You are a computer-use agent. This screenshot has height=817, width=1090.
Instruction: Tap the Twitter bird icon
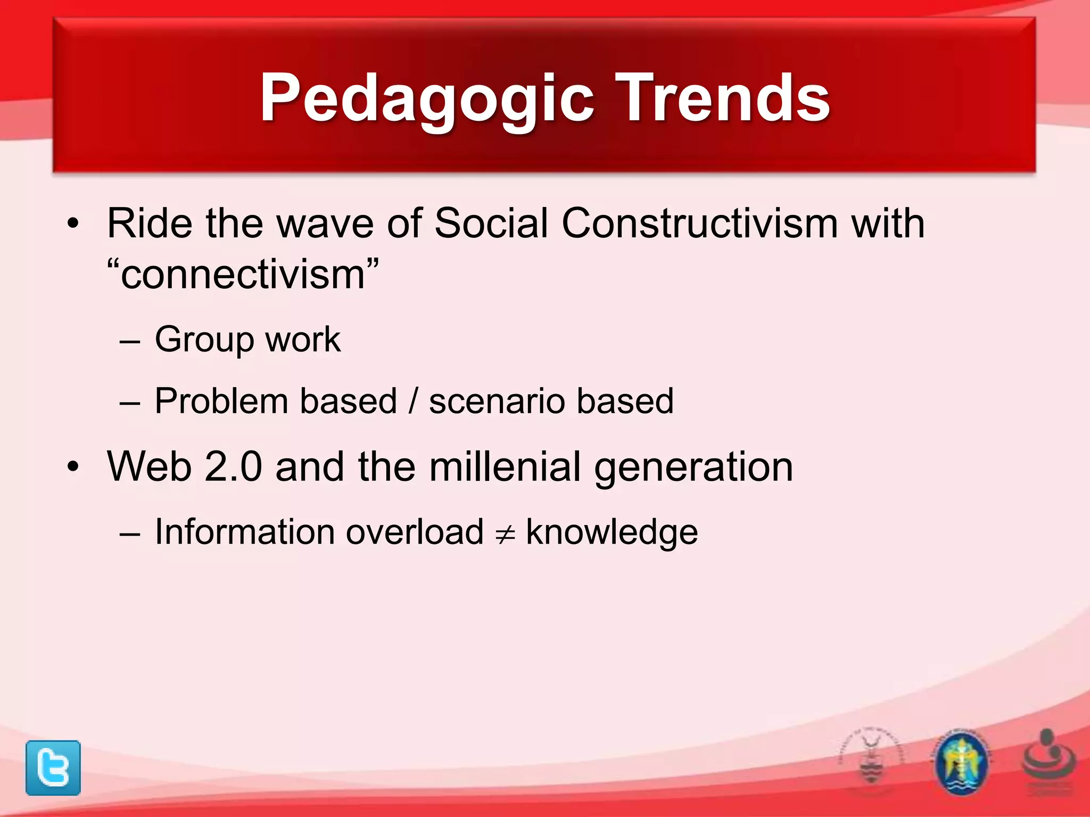pos(53,768)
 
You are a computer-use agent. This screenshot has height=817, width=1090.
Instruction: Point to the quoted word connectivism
pos(243,275)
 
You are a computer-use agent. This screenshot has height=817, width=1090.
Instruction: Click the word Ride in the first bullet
pos(150,223)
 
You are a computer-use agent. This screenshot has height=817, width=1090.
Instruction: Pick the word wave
pos(325,223)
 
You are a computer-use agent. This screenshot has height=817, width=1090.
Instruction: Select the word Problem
pos(222,401)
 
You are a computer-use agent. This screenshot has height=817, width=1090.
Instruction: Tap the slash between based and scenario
pos(414,401)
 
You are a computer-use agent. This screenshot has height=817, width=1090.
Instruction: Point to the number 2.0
pos(233,467)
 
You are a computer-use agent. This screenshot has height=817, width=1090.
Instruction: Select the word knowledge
pos(612,532)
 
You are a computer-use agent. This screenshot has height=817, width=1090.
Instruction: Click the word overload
pos(415,532)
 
